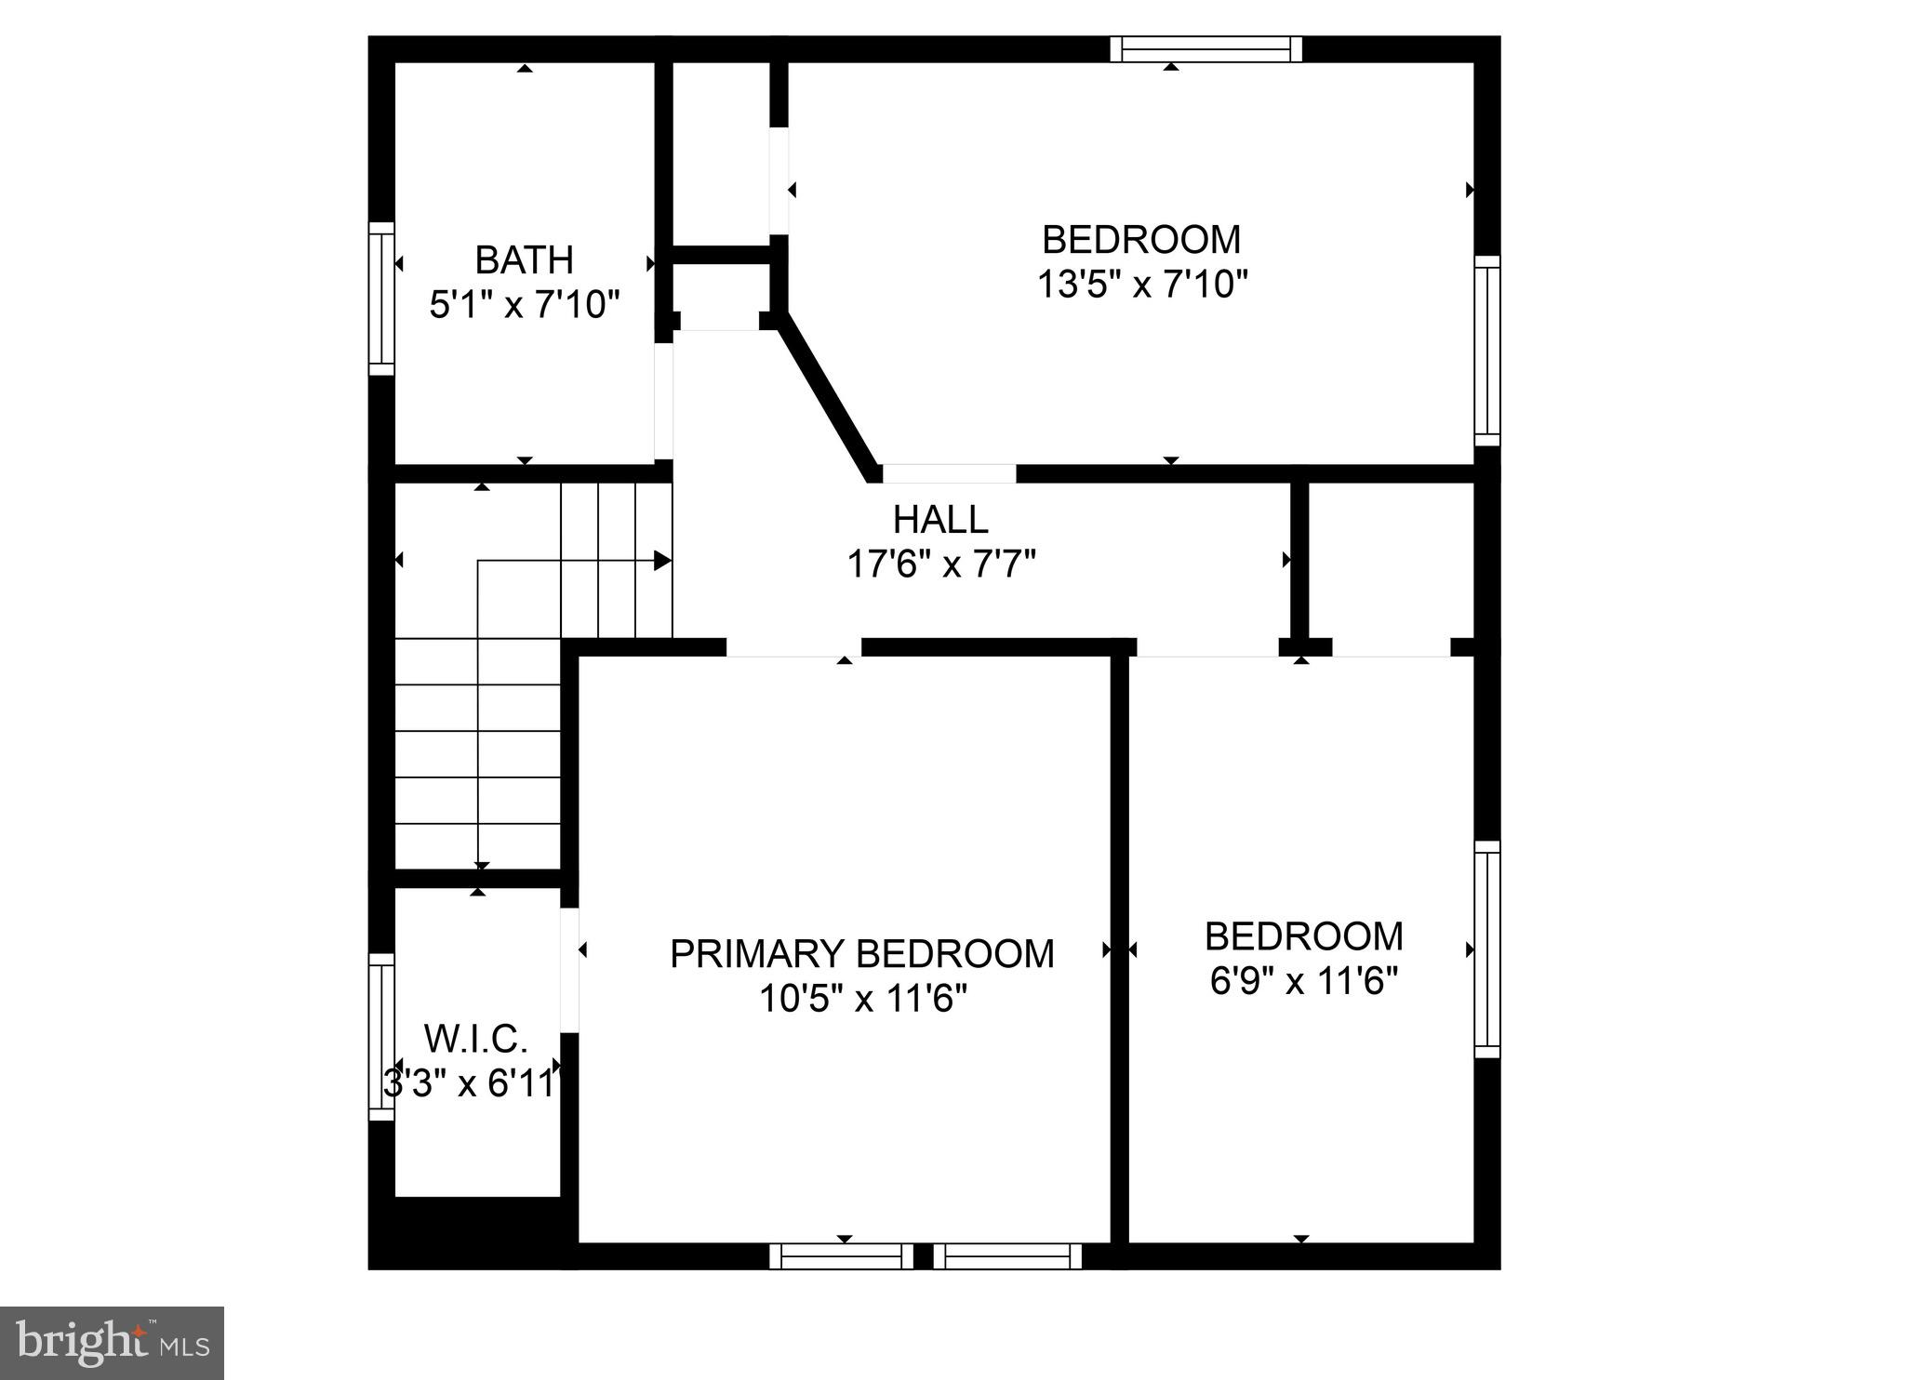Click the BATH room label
[x=524, y=260]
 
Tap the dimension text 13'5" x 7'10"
[x=1141, y=284]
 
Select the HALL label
[x=940, y=520]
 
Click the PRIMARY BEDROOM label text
[x=862, y=954]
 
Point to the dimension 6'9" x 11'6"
[x=1304, y=981]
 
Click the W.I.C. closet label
[x=475, y=1038]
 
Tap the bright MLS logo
[x=113, y=1343]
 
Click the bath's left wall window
[x=381, y=299]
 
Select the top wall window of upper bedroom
[x=1206, y=48]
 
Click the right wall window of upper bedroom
[x=1487, y=351]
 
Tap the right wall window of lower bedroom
[x=1487, y=949]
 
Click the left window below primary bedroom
[x=842, y=1256]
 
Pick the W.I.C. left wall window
[x=381, y=1036]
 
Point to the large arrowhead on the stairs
[x=662, y=561]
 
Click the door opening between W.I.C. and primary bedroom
[x=570, y=969]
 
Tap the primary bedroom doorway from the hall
[x=793, y=647]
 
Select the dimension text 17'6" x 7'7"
[x=940, y=564]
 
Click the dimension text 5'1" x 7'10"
[x=524, y=305]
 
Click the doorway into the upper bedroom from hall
[x=949, y=472]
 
